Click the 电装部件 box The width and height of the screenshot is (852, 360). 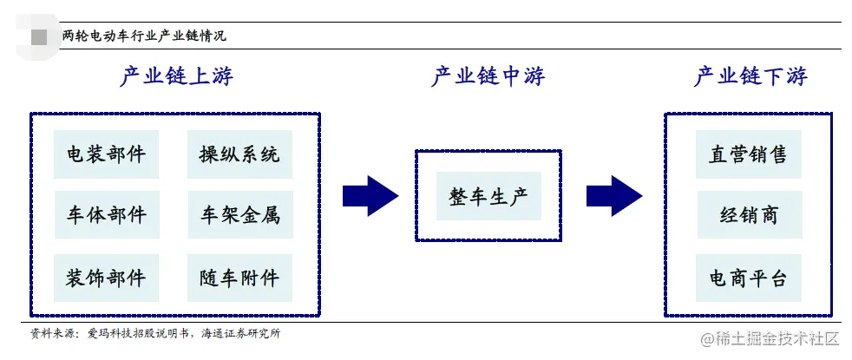click(x=106, y=154)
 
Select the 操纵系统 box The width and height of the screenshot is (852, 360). click(x=239, y=154)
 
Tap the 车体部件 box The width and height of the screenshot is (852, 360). click(x=106, y=214)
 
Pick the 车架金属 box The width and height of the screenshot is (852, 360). click(x=239, y=214)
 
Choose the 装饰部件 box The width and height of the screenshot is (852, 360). click(x=106, y=278)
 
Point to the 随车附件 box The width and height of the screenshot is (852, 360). click(x=239, y=278)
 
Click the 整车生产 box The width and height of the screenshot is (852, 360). click(x=488, y=195)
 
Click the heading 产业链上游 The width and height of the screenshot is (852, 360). click(x=176, y=77)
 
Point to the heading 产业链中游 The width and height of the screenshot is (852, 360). click(x=488, y=77)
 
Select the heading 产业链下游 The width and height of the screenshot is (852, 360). click(x=750, y=77)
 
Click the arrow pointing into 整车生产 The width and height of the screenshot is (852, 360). click(x=370, y=196)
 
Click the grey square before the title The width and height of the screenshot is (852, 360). click(x=39, y=36)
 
